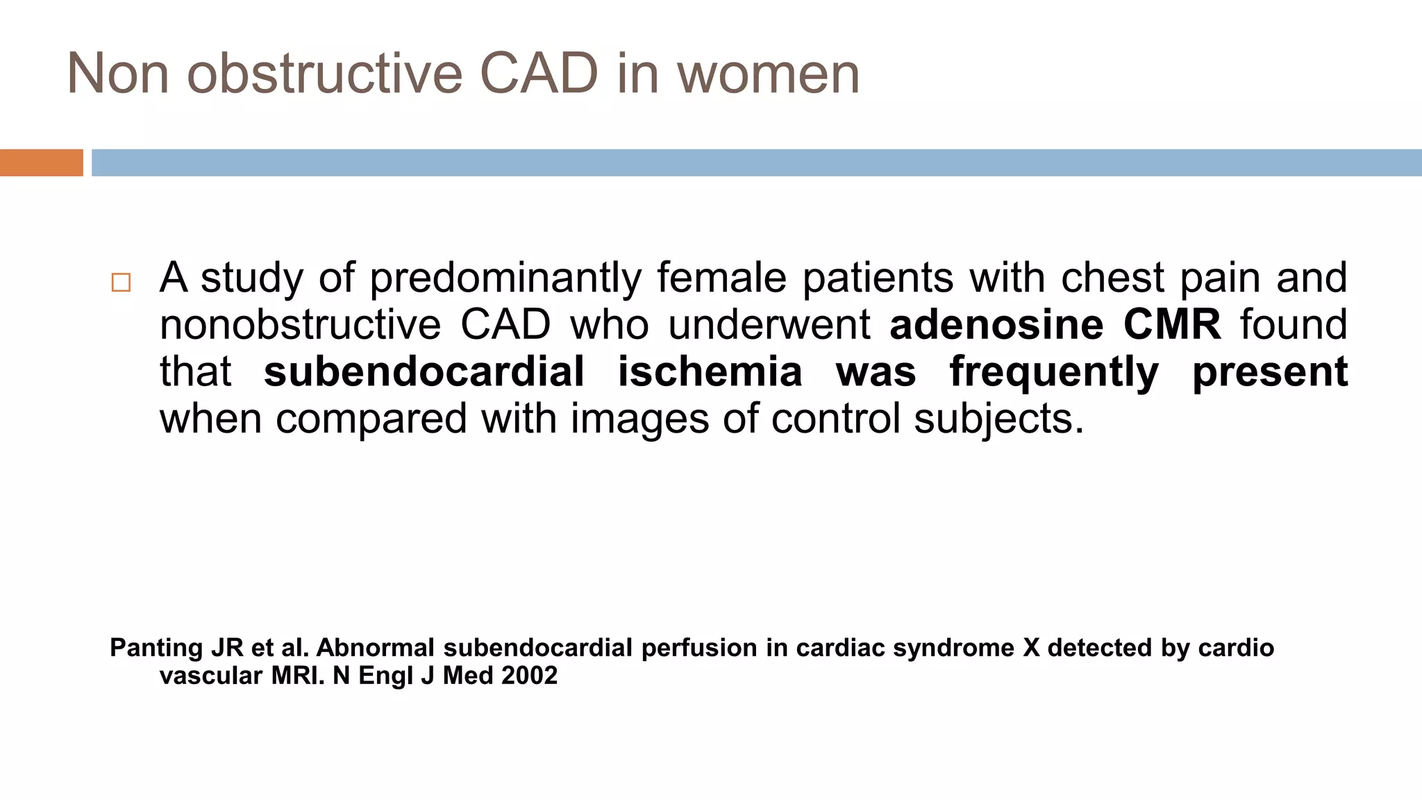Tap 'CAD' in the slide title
(539, 74)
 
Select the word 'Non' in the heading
(118, 74)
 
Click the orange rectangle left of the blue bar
(41, 162)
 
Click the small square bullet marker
(121, 283)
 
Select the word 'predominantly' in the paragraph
(505, 278)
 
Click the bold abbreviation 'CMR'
(1172, 325)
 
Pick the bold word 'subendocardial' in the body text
(424, 372)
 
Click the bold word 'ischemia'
(710, 372)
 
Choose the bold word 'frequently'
(1054, 373)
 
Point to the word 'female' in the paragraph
(721, 278)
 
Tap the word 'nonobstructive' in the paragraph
(300, 325)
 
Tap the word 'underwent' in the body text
(769, 325)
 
